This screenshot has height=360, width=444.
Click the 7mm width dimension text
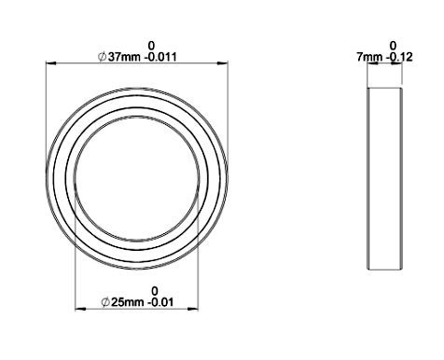(369, 57)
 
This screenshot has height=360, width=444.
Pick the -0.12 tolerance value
(399, 57)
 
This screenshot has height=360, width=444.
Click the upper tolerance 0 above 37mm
(151, 46)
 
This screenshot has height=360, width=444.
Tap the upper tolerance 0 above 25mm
(155, 291)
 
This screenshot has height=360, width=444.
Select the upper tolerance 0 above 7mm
(393, 46)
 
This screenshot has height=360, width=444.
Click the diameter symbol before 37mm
(103, 57)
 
